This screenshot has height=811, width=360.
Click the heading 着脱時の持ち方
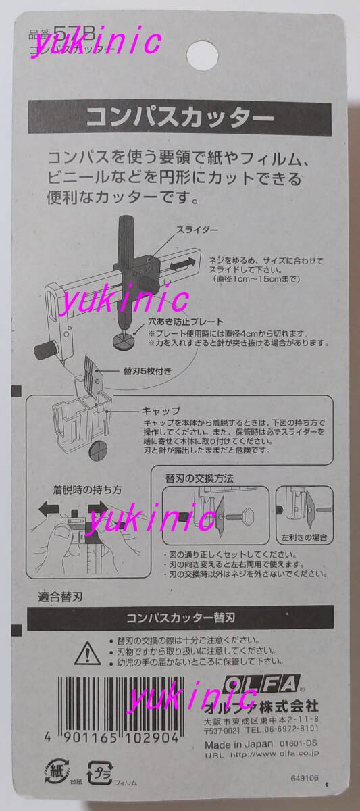(78, 489)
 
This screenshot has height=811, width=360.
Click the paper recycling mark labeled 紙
(55, 770)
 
